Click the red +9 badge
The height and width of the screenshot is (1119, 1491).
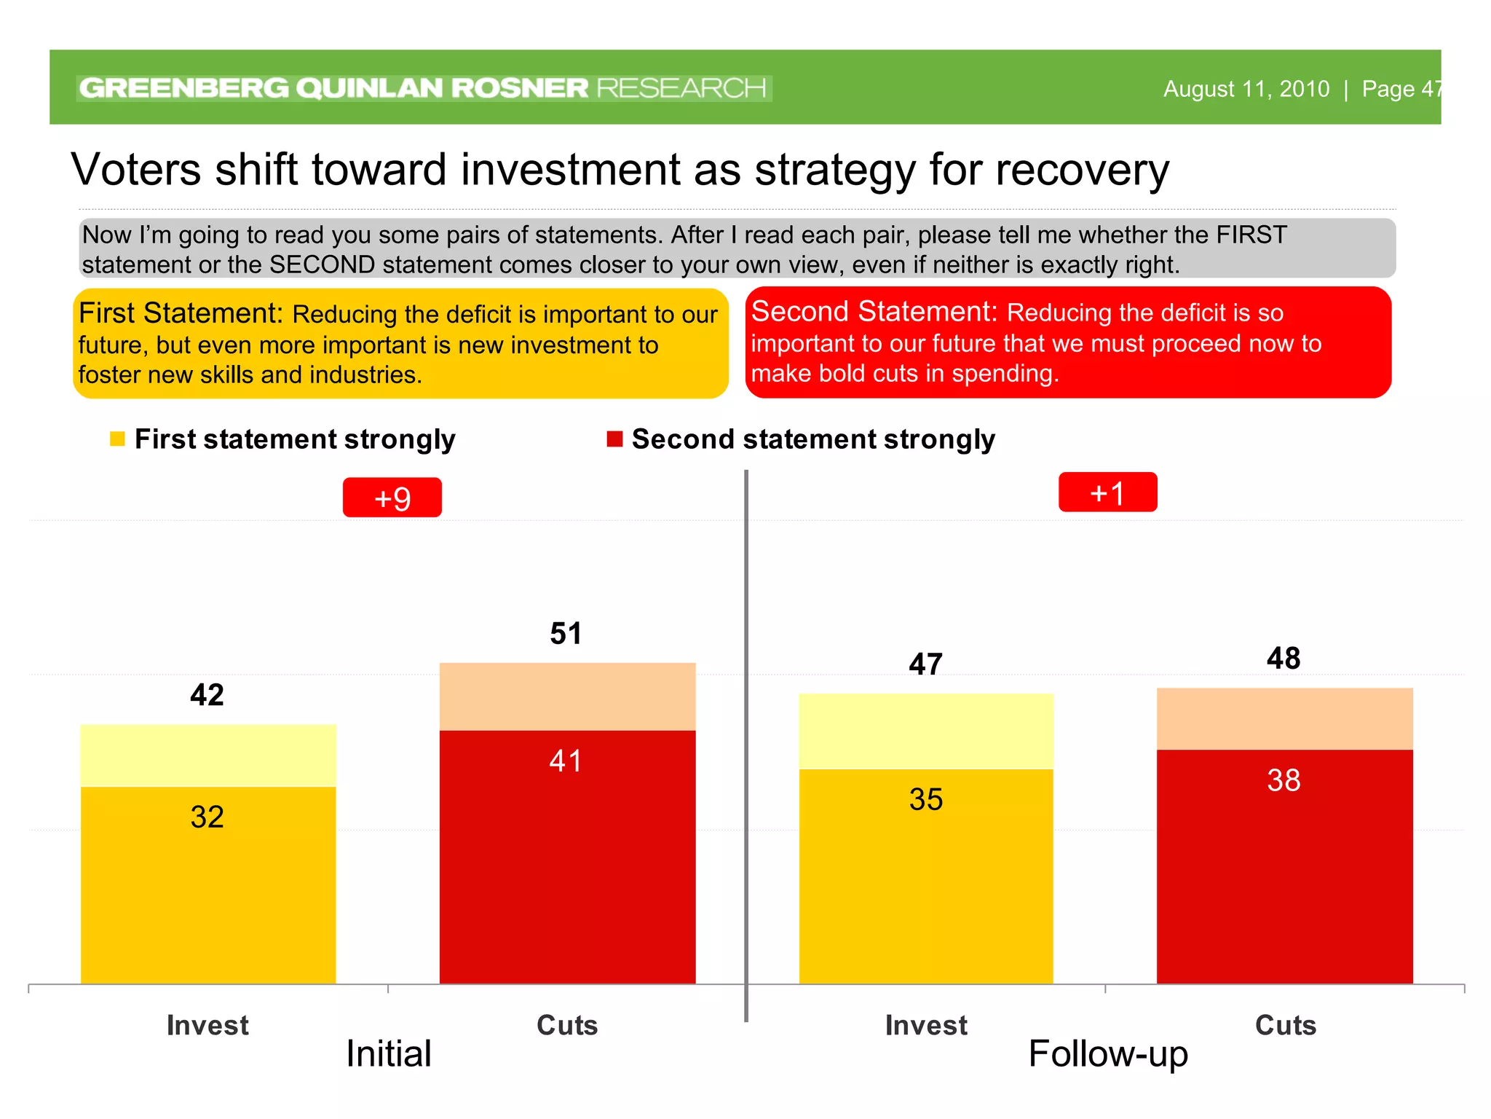(x=392, y=498)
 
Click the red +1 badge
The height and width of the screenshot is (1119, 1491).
(x=1107, y=492)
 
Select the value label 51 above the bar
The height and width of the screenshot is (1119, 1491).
(x=566, y=633)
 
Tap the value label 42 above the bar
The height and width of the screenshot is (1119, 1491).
(x=207, y=694)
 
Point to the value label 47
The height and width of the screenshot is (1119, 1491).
(x=925, y=664)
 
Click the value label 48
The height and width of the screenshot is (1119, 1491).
(x=1284, y=658)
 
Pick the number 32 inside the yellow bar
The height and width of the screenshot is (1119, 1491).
(x=207, y=817)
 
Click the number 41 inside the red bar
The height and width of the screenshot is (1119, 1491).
(x=566, y=761)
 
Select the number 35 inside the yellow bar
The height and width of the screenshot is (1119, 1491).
(x=925, y=799)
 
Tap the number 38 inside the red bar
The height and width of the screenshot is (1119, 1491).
(x=1284, y=780)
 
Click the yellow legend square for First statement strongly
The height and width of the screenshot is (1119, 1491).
(x=117, y=439)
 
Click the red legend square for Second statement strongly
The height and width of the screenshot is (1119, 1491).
(x=614, y=439)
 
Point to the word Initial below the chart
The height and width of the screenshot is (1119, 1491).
(x=389, y=1053)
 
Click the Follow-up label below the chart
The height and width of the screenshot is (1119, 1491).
(x=1107, y=1053)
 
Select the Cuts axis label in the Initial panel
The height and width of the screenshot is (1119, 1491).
(x=567, y=1025)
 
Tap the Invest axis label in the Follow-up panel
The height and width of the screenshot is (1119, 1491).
(x=926, y=1025)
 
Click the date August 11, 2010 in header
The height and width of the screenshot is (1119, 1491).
(x=1246, y=89)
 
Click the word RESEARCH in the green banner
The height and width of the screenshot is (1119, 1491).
(x=681, y=88)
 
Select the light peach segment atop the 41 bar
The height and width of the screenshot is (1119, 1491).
(x=567, y=696)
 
